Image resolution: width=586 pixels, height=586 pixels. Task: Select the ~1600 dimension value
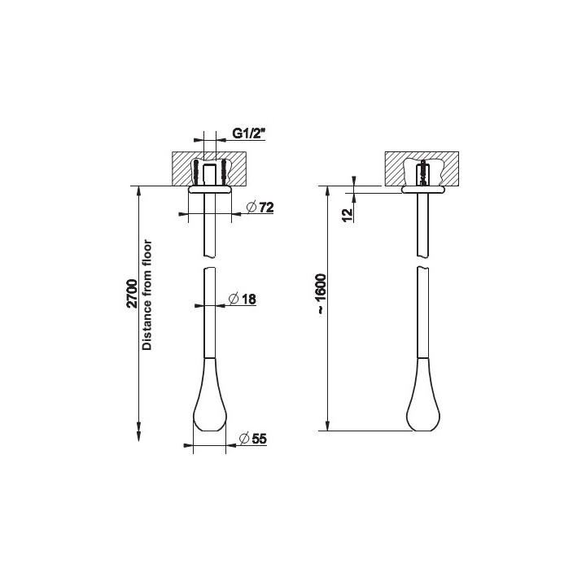321,295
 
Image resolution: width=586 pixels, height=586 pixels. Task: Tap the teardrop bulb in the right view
423,404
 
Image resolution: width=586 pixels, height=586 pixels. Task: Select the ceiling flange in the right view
423,189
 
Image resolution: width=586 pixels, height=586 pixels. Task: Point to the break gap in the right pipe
423,262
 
